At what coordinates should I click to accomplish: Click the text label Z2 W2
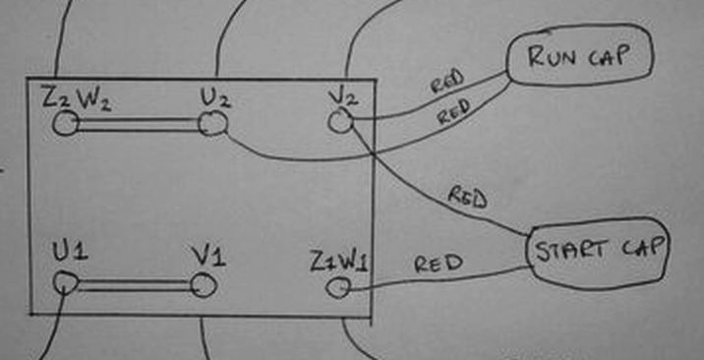tap(77, 99)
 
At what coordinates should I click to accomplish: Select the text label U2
tap(215, 97)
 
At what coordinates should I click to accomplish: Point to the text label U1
tap(71, 252)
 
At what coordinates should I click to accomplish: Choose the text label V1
tap(208, 257)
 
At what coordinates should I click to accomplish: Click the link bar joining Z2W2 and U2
tap(140, 124)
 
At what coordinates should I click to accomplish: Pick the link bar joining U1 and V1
tap(135, 285)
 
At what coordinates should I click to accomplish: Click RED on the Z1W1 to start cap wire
tap(439, 264)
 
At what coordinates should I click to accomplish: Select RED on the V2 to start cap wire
tap(467, 199)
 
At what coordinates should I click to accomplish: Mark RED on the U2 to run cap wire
tap(454, 111)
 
